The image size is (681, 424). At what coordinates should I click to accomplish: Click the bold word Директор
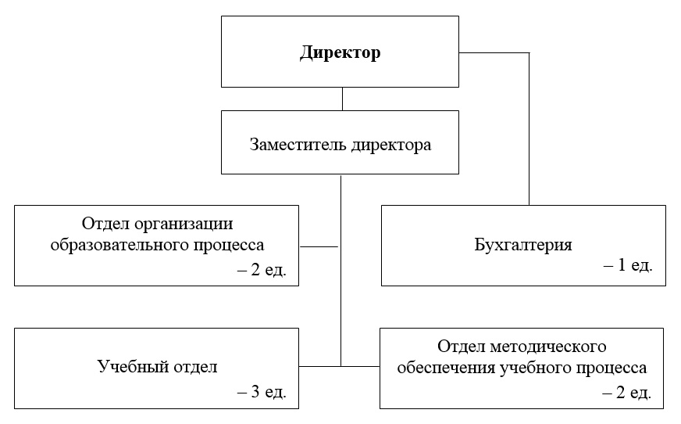(340, 52)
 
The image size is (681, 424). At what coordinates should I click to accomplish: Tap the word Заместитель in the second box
(298, 145)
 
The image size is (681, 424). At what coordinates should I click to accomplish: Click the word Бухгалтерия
(523, 245)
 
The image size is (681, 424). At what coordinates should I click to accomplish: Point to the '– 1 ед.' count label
(628, 265)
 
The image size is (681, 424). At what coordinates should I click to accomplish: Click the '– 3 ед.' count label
(262, 392)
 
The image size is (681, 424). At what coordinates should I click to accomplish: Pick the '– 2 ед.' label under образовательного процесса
(262, 270)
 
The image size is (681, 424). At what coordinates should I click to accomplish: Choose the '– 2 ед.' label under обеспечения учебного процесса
(626, 392)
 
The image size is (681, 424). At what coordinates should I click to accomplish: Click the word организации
(184, 225)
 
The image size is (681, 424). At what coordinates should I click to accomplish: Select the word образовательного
(119, 245)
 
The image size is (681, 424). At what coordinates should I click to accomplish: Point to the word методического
(548, 347)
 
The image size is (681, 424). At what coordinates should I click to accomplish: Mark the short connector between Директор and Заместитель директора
(342, 99)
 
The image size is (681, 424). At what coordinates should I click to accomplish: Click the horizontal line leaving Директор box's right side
(494, 53)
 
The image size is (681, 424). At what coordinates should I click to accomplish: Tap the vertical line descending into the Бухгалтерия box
(529, 129)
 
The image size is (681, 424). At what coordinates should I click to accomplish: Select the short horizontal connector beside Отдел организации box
(319, 246)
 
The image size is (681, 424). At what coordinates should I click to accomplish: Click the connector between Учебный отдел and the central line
(319, 367)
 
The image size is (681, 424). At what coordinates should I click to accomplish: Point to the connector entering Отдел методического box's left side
(361, 367)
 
